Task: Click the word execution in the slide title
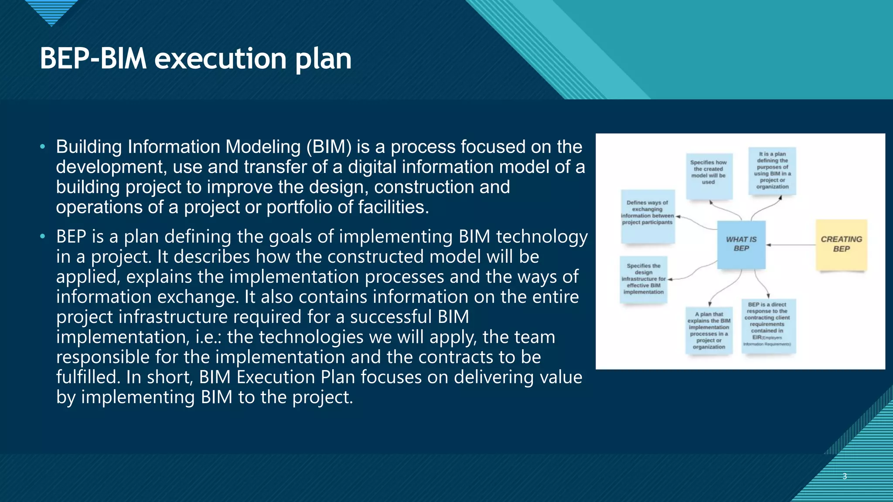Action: (220, 58)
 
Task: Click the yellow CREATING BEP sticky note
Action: (841, 245)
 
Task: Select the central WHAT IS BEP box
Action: (741, 244)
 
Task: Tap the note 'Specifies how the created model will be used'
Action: (709, 175)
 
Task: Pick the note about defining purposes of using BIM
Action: (772, 171)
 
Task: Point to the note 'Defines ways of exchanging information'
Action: (648, 215)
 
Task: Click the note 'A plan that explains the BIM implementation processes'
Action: (709, 331)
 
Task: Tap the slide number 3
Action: (845, 476)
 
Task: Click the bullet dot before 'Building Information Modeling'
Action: (42, 147)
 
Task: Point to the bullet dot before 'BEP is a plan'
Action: (42, 237)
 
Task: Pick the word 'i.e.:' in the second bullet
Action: (209, 337)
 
